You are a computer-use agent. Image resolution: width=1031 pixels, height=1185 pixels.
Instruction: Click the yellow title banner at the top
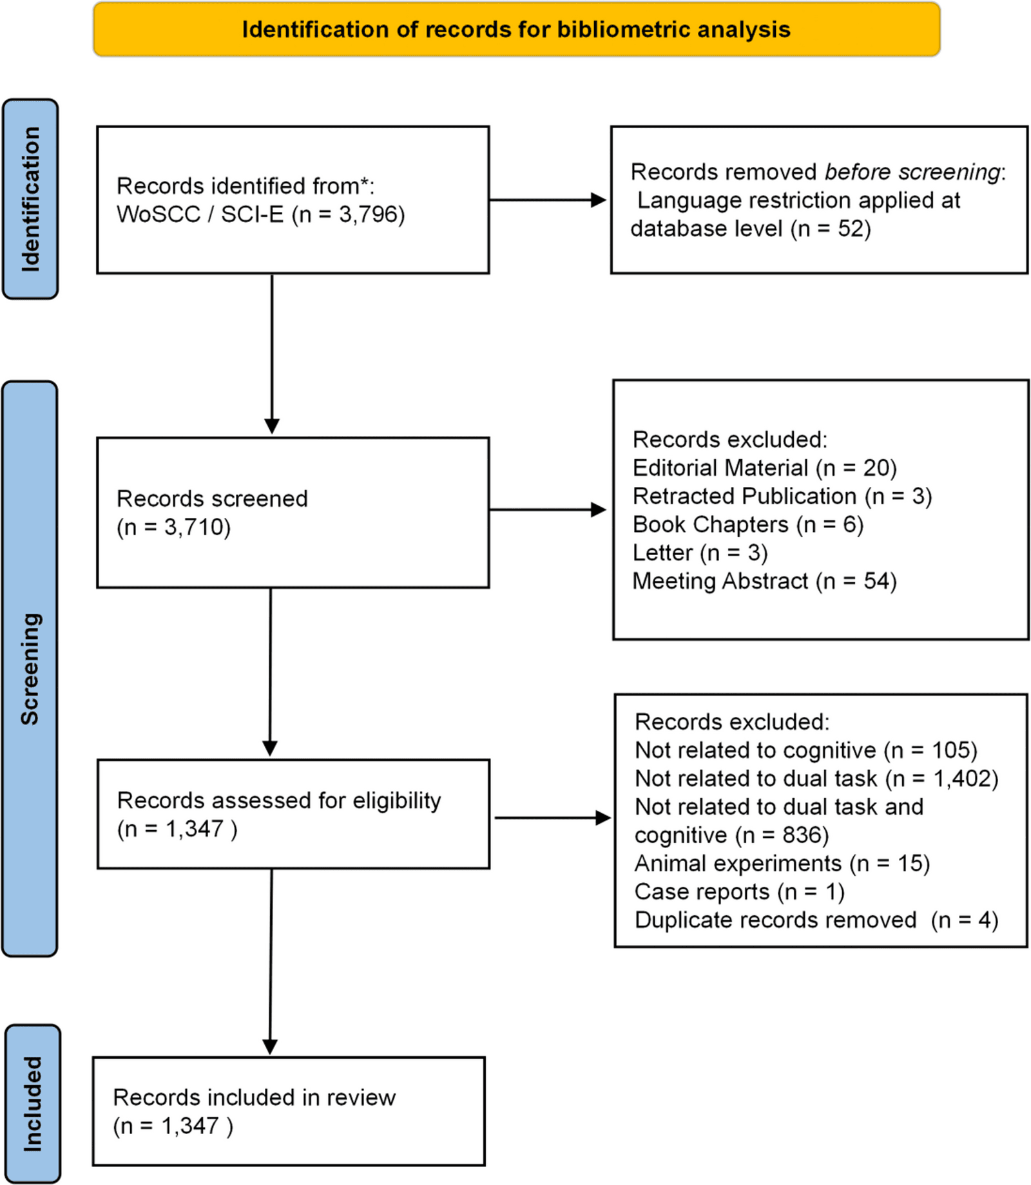point(516,30)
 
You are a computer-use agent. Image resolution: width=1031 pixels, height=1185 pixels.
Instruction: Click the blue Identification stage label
point(30,199)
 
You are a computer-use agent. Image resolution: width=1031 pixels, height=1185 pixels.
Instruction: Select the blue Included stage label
point(33,1104)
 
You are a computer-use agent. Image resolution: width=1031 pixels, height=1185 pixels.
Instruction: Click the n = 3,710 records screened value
point(174,527)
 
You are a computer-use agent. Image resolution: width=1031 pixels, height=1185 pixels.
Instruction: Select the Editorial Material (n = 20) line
point(765,468)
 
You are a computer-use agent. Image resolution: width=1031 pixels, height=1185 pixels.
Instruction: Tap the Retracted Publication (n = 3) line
point(782,497)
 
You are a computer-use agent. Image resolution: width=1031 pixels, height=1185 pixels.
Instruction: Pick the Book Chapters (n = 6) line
point(748,525)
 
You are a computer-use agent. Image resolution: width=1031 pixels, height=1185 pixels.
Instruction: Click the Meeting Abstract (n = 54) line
point(765,582)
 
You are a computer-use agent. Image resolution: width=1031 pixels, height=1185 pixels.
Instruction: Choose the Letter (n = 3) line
point(700,553)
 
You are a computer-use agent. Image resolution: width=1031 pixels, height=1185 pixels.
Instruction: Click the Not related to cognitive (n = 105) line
point(806,750)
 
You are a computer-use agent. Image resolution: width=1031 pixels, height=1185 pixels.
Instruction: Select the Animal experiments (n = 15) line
point(782,864)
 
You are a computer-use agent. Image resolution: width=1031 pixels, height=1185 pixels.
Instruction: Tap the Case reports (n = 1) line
point(740,892)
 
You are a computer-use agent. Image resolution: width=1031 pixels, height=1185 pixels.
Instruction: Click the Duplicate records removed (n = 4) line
point(816,920)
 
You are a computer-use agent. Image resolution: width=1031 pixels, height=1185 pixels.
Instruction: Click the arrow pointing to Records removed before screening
point(548,200)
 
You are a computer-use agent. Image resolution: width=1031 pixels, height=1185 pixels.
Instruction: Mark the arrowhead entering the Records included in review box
point(270,1047)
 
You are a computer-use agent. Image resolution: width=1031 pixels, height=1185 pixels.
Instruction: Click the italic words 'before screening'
point(912,172)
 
